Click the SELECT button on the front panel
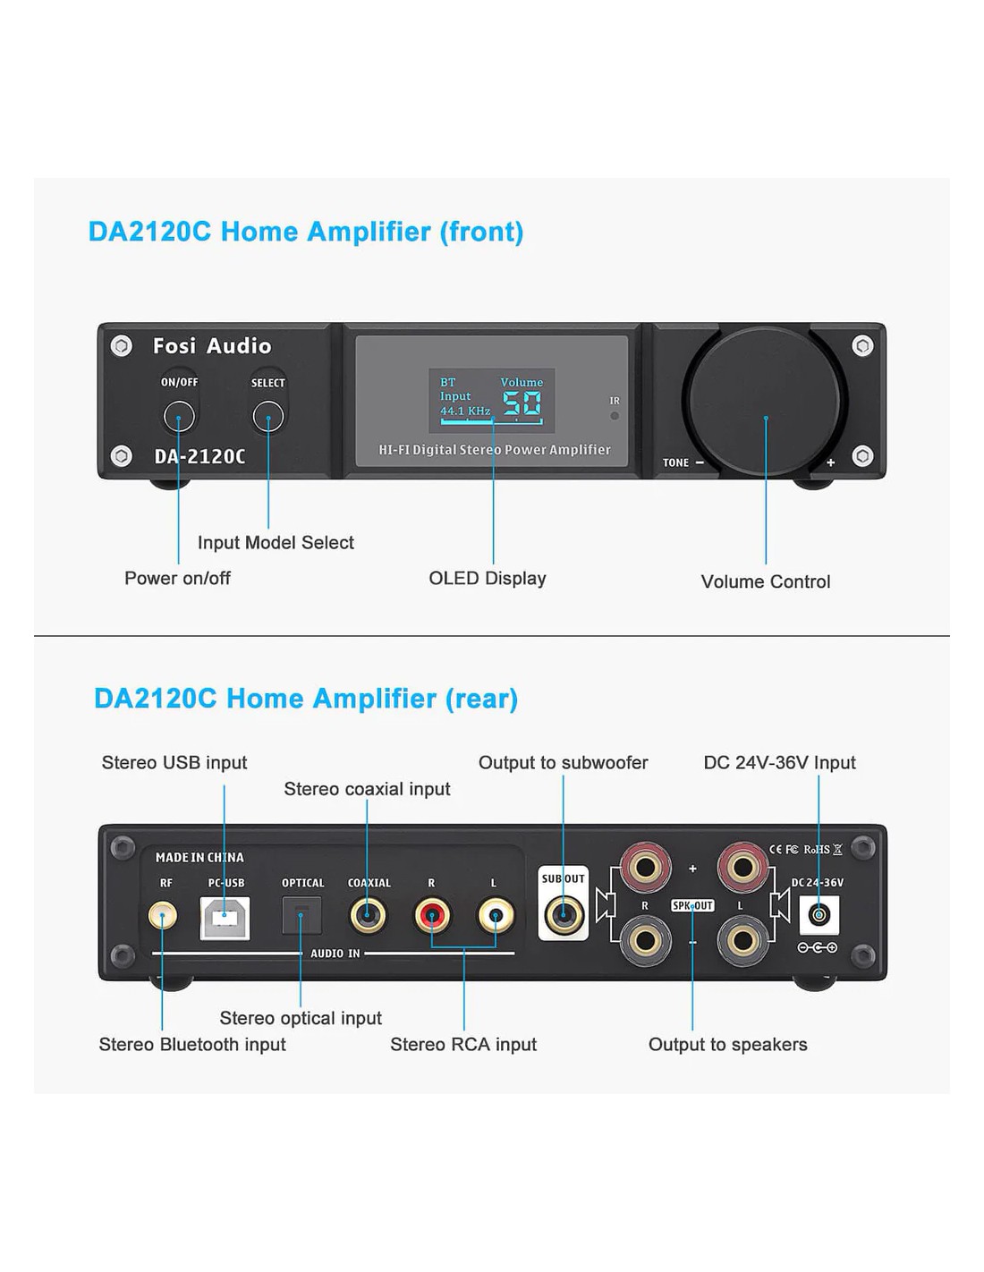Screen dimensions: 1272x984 coord(268,416)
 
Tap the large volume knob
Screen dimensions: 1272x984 coord(765,401)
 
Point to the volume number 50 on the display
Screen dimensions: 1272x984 coord(522,404)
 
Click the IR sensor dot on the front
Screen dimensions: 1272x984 coord(615,416)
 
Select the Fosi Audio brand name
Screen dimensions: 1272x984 coord(212,346)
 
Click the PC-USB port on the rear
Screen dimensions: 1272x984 coord(225,917)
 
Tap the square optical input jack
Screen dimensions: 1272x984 coord(301,915)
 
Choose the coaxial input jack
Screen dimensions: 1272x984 coord(368,916)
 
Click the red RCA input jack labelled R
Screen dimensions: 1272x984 coord(432,916)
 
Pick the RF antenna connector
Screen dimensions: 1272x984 coord(163,916)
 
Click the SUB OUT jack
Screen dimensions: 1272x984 coord(564,915)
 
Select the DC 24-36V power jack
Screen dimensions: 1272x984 coord(819,915)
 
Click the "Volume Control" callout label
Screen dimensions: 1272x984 coord(766,581)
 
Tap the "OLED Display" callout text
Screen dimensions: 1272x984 coord(488,578)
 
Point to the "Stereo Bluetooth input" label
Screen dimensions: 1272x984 coord(192,1044)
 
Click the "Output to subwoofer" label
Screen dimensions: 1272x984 coord(564,762)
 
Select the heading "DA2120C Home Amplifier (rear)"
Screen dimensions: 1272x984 coord(306,698)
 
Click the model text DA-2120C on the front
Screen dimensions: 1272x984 coord(199,456)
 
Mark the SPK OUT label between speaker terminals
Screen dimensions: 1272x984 coord(692,905)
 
